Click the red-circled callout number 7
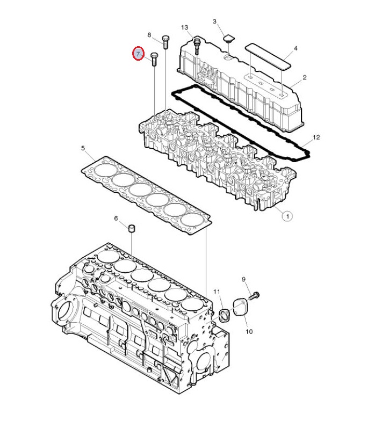138,54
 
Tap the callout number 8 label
149,35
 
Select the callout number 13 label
184,27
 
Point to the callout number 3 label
214,21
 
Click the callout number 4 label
296,48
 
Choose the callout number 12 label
316,137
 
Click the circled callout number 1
287,216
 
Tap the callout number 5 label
83,148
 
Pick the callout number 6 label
116,219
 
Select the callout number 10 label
249,332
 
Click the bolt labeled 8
165,42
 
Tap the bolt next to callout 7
154,59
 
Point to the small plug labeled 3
228,39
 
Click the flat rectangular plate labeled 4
268,56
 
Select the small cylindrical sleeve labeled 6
132,228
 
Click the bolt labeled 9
254,296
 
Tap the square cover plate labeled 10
240,307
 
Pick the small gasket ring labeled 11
225,315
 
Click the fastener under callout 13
197,46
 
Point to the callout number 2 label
305,78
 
